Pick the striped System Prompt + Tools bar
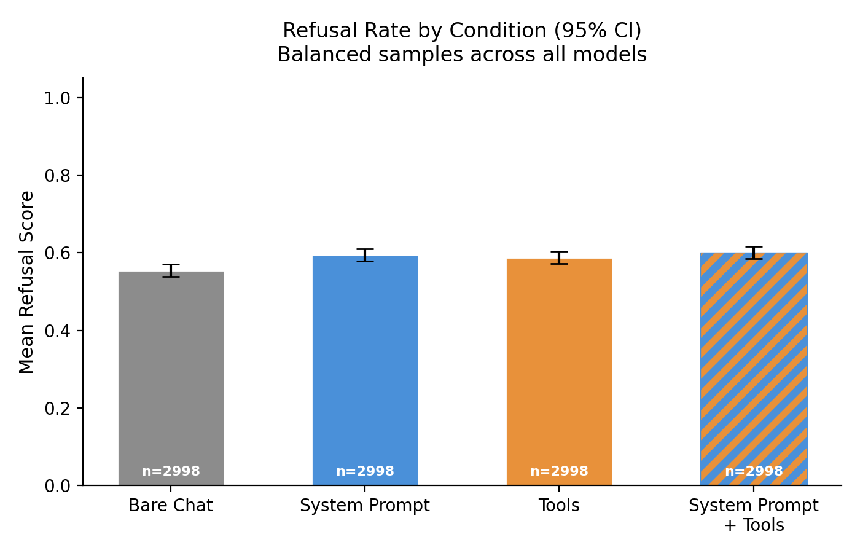tap(754, 369)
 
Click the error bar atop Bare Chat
tap(171, 270)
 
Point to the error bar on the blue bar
tap(365, 255)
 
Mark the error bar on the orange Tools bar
tap(559, 257)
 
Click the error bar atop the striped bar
tap(754, 253)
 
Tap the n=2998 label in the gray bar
tap(171, 471)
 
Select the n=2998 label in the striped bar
tap(754, 471)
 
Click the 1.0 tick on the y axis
tap(57, 98)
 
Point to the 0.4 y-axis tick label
tap(57, 331)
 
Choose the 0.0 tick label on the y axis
tap(57, 486)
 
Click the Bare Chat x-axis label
tap(171, 506)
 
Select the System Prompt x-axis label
tap(365, 506)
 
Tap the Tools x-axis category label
tap(559, 506)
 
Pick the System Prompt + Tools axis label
tap(754, 515)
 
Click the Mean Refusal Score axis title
tap(26, 282)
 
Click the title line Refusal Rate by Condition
tap(462, 31)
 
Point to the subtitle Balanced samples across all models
tap(462, 55)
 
